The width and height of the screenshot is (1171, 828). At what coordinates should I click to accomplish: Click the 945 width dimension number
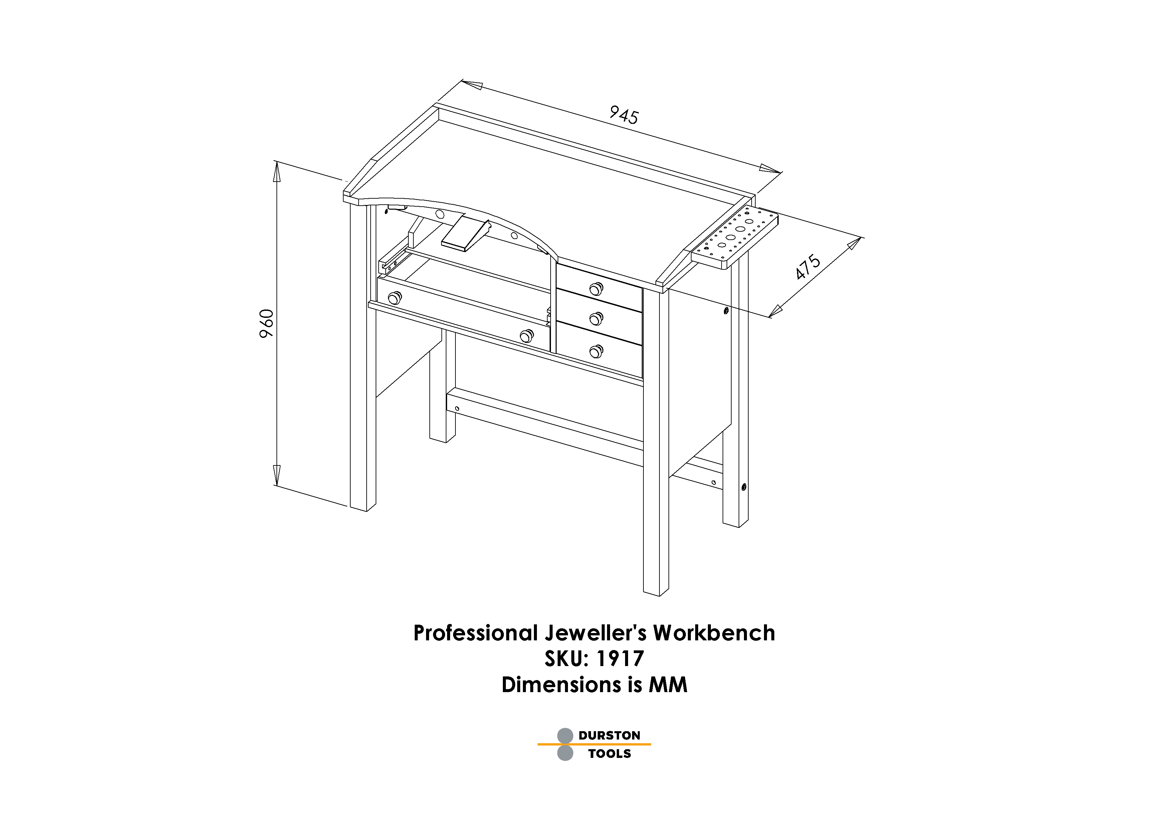[624, 115]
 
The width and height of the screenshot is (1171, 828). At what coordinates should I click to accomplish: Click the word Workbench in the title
[714, 633]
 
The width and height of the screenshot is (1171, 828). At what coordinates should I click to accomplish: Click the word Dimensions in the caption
[561, 685]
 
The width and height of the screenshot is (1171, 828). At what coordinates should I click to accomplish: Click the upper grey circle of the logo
[565, 736]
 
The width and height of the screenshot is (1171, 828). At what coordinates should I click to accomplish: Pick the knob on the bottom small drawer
[596, 351]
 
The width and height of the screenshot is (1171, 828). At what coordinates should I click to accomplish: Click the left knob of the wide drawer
[395, 297]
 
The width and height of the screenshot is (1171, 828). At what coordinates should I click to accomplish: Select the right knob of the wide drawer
[526, 336]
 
